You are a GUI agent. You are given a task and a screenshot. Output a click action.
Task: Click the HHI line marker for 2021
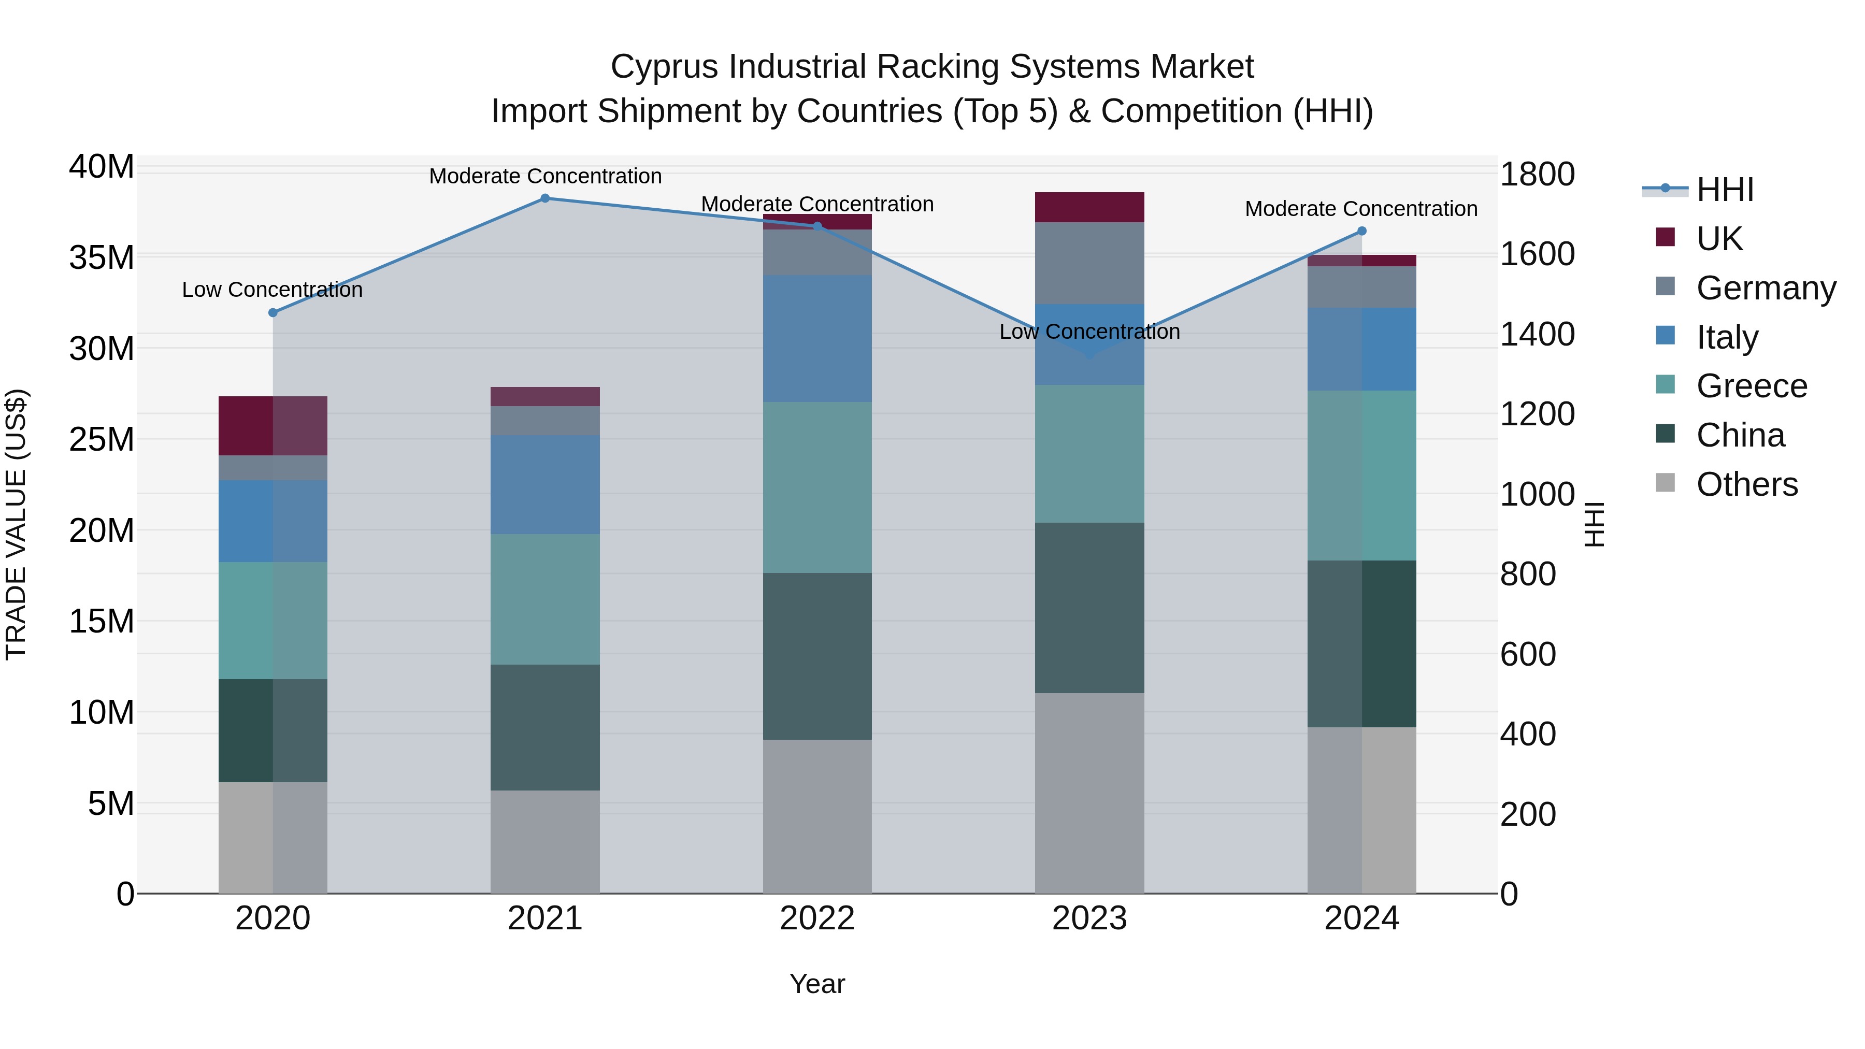pyautogui.click(x=545, y=198)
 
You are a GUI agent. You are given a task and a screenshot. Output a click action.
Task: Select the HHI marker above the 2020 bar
pyautogui.click(x=273, y=313)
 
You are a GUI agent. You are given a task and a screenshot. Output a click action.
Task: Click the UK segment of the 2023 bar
pyautogui.click(x=1089, y=207)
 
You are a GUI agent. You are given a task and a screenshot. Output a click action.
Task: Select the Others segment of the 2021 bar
pyautogui.click(x=545, y=841)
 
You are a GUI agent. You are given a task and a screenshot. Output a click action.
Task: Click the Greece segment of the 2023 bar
pyautogui.click(x=1089, y=454)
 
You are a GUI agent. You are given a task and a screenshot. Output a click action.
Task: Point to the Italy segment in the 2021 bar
pyautogui.click(x=545, y=484)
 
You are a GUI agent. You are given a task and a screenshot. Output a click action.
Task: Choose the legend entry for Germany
pyautogui.click(x=1766, y=288)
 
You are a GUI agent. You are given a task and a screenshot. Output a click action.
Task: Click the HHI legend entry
pyautogui.click(x=1725, y=190)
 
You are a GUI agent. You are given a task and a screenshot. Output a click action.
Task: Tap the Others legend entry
pyautogui.click(x=1746, y=484)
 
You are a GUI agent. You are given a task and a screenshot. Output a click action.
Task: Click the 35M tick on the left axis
pyautogui.click(x=102, y=258)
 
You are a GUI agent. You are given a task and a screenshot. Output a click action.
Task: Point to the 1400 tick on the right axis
pyautogui.click(x=1537, y=335)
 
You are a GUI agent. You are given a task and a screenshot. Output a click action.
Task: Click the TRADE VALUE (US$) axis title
pyautogui.click(x=16, y=524)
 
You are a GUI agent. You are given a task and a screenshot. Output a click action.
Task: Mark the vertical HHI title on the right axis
pyautogui.click(x=1595, y=524)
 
